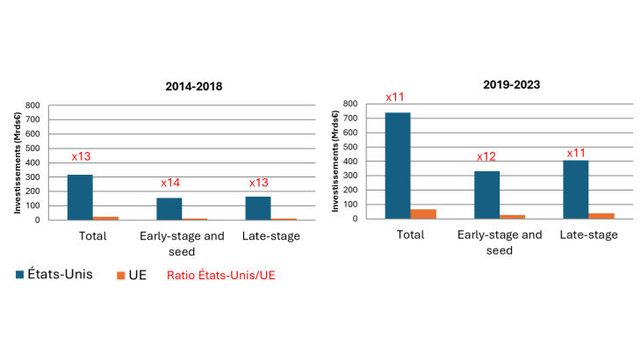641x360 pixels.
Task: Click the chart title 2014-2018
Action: pyautogui.click(x=194, y=86)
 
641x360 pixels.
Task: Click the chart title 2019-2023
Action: pyautogui.click(x=511, y=84)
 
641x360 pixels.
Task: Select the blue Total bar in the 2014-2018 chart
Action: pyautogui.click(x=80, y=198)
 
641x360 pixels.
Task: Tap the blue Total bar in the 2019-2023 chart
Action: pyautogui.click(x=398, y=165)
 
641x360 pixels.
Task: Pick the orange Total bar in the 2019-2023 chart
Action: pyautogui.click(x=423, y=214)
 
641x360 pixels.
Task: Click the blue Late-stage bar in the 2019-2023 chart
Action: pyautogui.click(x=576, y=190)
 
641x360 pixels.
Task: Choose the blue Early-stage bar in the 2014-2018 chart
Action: pyautogui.click(x=169, y=209)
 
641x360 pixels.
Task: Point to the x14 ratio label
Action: pyautogui.click(x=170, y=183)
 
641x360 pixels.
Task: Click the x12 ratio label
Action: pyautogui.click(x=486, y=156)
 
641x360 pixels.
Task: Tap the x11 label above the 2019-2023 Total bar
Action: pyautogui.click(x=395, y=97)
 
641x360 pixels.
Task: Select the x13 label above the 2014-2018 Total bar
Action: pyautogui.click(x=81, y=156)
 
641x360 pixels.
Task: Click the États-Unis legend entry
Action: pyautogui.click(x=54, y=274)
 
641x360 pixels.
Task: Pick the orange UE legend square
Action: pyautogui.click(x=120, y=276)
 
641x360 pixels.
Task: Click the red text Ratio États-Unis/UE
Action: pyautogui.click(x=220, y=275)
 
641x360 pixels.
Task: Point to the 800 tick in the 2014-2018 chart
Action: pyautogui.click(x=32, y=105)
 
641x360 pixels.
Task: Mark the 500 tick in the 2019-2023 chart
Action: pyautogui.click(x=350, y=148)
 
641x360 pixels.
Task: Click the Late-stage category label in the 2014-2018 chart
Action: pyautogui.click(x=271, y=236)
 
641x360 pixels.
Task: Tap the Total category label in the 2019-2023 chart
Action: pyautogui.click(x=410, y=234)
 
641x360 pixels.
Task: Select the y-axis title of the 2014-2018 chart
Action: pyautogui.click(x=18, y=162)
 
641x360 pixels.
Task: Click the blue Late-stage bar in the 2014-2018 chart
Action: pyautogui.click(x=258, y=208)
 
